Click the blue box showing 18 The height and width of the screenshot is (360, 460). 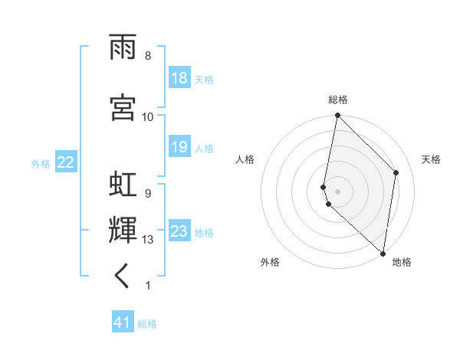pyautogui.click(x=179, y=78)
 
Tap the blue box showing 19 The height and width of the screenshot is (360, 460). pyautogui.click(x=179, y=147)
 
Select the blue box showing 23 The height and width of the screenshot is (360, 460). pyautogui.click(x=179, y=231)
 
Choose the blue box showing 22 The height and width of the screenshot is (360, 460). pyautogui.click(x=66, y=162)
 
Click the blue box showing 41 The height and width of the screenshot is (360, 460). pyautogui.click(x=123, y=322)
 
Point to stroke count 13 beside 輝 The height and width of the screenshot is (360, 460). pyautogui.click(x=148, y=240)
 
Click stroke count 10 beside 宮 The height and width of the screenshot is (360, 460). pyautogui.click(x=148, y=116)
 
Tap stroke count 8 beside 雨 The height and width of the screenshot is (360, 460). pyautogui.click(x=148, y=56)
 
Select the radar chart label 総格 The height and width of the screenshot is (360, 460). pyautogui.click(x=337, y=100)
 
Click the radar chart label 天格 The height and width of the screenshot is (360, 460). pyautogui.click(x=431, y=159)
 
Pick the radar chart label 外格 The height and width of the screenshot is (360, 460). pyautogui.click(x=269, y=262)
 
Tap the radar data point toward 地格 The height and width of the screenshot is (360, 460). pyautogui.click(x=383, y=253)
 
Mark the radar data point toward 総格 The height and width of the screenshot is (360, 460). pyautogui.click(x=337, y=116)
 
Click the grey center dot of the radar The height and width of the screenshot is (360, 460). pyautogui.click(x=337, y=189)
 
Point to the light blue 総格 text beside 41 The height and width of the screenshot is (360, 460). pyautogui.click(x=147, y=324)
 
